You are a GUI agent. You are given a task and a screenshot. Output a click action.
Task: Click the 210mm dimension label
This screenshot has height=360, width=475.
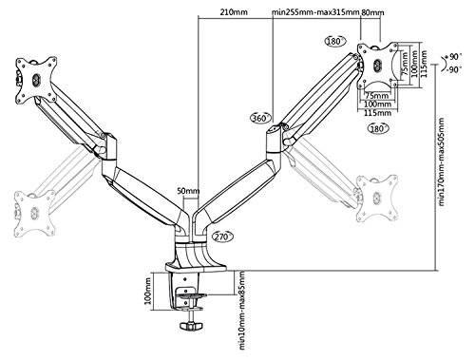tap(234, 12)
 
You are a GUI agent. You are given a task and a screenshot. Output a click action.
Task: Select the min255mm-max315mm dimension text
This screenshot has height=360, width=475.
tap(315, 12)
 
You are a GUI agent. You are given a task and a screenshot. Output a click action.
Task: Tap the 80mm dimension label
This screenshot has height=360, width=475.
tap(372, 12)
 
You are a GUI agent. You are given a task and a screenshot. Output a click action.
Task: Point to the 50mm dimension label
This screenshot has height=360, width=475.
tap(188, 191)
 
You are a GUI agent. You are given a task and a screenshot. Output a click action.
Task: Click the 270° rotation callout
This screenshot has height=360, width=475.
tap(222, 237)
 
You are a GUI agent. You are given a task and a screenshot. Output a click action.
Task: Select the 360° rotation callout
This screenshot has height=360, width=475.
tap(261, 118)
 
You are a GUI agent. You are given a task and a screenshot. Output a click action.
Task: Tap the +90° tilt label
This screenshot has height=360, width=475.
tap(453, 57)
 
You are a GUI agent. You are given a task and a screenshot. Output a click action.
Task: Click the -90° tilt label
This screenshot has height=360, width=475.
tap(453, 69)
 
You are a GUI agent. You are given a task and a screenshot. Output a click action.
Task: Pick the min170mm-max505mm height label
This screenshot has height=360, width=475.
tap(442, 161)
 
